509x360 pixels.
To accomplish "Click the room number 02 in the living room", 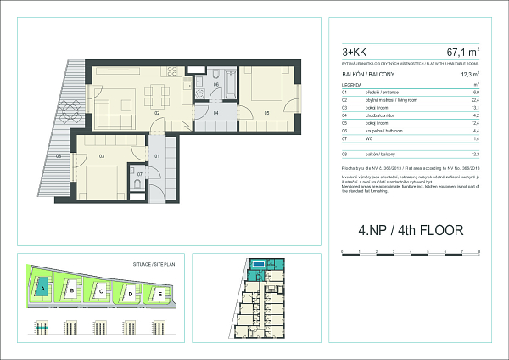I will [157, 111].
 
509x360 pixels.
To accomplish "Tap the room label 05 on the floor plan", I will [266, 112].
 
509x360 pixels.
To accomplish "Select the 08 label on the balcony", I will [59, 155].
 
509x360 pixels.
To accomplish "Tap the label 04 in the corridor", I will [216, 112].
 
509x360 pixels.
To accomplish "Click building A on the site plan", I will [41, 289].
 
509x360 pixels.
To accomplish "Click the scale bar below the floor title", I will [410, 252].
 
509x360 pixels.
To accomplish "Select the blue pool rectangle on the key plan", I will [257, 265].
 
